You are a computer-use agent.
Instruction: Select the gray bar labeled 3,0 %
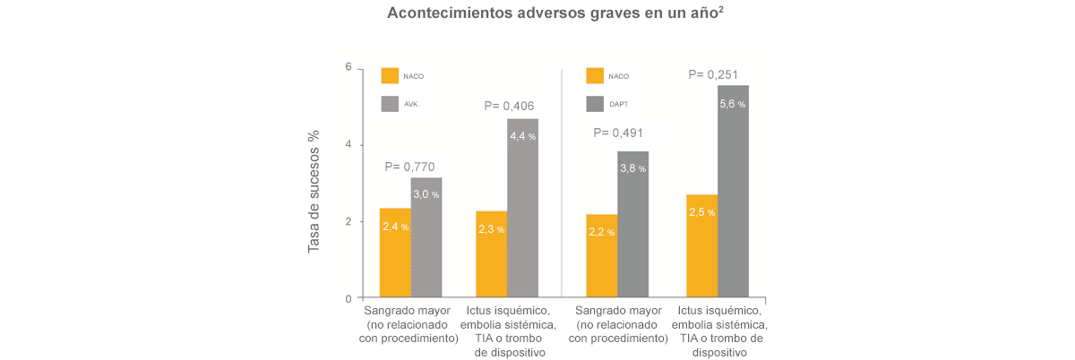click(x=426, y=238)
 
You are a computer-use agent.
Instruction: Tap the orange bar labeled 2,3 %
click(x=492, y=255)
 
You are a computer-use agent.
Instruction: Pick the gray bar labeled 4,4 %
click(x=522, y=208)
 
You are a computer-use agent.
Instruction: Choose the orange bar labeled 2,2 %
click(x=601, y=256)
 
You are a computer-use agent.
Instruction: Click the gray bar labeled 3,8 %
click(x=632, y=225)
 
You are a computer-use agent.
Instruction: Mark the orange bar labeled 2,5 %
click(x=701, y=246)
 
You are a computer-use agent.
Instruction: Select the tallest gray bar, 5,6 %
click(x=733, y=192)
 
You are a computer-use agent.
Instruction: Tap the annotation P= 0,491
click(x=618, y=133)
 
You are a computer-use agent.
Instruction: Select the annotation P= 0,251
click(x=714, y=74)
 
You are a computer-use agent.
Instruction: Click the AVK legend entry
click(x=391, y=105)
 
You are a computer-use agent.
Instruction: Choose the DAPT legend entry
click(x=596, y=105)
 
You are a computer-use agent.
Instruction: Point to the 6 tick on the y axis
click(x=348, y=68)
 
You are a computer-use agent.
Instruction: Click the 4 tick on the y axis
click(x=348, y=145)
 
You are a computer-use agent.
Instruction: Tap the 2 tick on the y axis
click(x=348, y=222)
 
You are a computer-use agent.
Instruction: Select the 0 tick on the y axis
click(x=348, y=298)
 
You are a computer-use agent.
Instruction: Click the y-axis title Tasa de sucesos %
click(x=314, y=192)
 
